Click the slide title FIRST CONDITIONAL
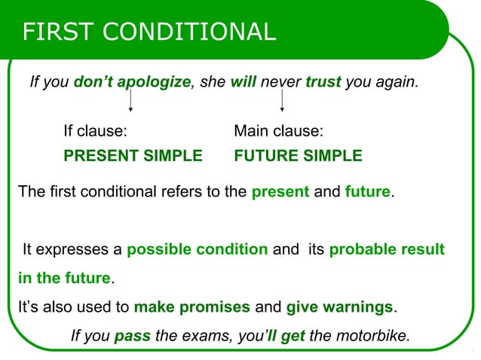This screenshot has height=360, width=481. [149, 31]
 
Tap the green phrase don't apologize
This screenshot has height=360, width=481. [132, 81]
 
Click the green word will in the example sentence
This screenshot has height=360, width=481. [244, 81]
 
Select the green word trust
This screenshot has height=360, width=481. [323, 81]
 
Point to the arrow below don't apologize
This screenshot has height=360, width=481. [131, 100]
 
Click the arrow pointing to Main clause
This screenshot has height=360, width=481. [281, 100]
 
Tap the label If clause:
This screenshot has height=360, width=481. [95, 131]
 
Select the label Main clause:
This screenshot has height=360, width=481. [279, 131]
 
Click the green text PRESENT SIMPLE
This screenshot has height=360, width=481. [133, 156]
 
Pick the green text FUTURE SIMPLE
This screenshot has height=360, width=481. [298, 156]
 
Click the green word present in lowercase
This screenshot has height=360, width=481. [280, 191]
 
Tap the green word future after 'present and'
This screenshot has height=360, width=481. [367, 191]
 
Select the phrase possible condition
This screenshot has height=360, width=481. [198, 249]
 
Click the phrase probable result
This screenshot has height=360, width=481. [387, 249]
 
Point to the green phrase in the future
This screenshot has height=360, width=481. [64, 278]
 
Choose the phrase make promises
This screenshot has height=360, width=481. [191, 307]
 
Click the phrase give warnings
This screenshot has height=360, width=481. [339, 307]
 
